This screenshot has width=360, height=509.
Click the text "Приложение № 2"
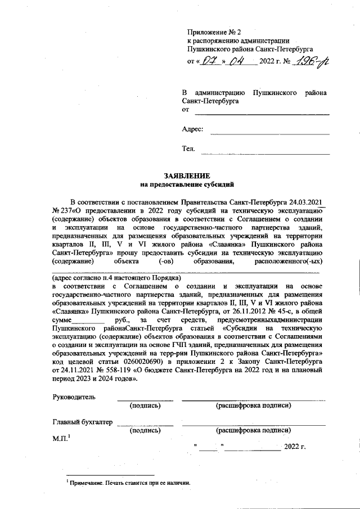click(x=214, y=31)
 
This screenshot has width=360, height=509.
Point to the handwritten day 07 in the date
click(x=209, y=61)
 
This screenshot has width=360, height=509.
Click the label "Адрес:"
click(x=192, y=129)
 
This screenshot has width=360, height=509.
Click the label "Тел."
click(x=188, y=149)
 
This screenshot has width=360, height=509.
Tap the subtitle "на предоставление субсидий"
click(x=186, y=184)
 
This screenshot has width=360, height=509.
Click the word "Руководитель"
click(x=74, y=397)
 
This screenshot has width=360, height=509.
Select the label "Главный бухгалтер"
click(x=82, y=422)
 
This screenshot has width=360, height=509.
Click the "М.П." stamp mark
click(x=60, y=438)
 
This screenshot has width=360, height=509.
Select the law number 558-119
click(x=121, y=371)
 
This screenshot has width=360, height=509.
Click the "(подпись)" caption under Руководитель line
click(x=146, y=406)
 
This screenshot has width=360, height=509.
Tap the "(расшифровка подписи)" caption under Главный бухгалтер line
click(x=253, y=430)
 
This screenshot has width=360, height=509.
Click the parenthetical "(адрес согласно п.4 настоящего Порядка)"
click(x=116, y=278)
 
